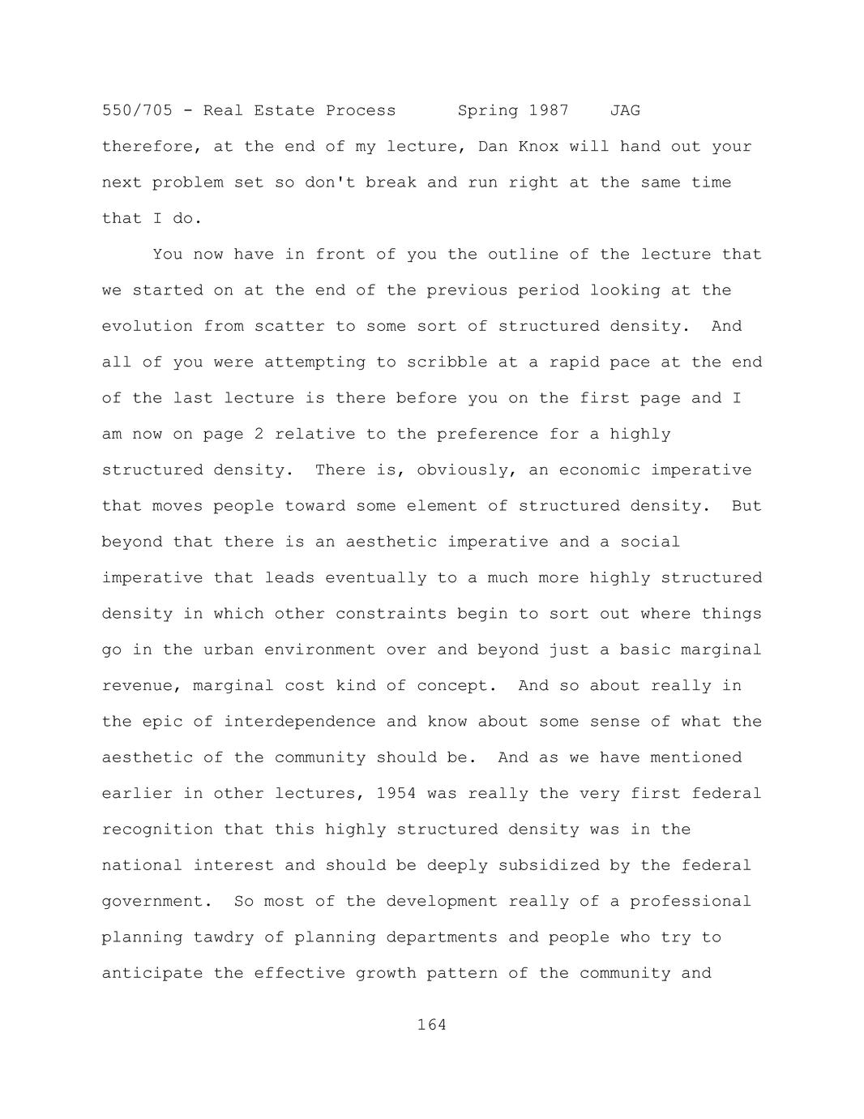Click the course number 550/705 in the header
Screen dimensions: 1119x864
tap(137, 110)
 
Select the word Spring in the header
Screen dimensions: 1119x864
tap(487, 110)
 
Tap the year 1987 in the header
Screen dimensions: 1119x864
tap(549, 110)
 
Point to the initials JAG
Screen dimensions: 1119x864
tap(625, 110)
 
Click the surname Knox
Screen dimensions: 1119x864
tap(538, 147)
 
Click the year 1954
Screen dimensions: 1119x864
tap(396, 793)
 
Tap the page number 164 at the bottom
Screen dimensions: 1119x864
tap(431, 1025)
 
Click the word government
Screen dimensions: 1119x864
tap(152, 902)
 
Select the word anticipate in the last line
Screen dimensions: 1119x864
tap(152, 973)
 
